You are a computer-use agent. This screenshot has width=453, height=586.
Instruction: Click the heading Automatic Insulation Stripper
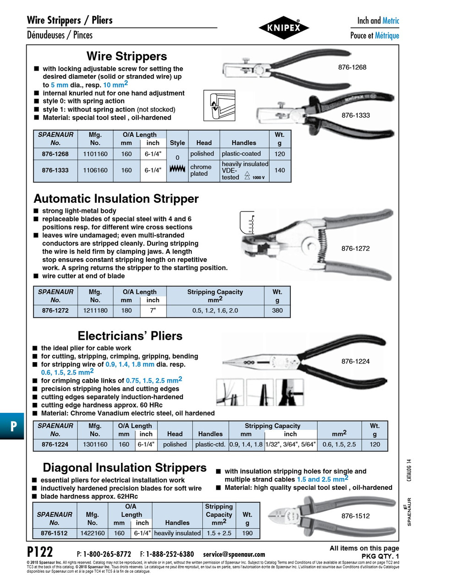(x=116, y=199)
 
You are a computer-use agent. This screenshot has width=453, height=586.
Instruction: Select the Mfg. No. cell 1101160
(x=95, y=154)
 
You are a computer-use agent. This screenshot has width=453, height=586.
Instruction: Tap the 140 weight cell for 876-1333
(x=279, y=170)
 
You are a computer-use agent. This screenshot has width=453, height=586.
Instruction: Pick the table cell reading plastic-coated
(x=241, y=154)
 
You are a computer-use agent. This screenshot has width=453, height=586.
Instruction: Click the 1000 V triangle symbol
(x=247, y=176)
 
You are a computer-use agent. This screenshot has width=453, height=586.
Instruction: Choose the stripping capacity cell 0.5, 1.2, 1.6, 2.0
(x=215, y=310)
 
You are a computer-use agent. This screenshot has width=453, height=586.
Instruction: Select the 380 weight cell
(x=277, y=310)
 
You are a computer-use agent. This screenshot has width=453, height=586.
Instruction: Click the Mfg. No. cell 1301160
(x=95, y=444)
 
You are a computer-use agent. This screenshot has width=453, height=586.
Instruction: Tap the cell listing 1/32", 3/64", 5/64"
(x=290, y=444)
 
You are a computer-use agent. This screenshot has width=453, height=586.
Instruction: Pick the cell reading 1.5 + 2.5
(x=219, y=533)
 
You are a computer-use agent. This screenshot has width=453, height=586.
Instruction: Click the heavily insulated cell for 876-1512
(x=177, y=533)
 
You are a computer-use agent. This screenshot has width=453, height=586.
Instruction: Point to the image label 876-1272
(x=355, y=249)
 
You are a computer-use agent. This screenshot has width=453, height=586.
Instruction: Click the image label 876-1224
(x=355, y=361)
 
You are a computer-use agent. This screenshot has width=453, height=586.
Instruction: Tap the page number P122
(x=40, y=551)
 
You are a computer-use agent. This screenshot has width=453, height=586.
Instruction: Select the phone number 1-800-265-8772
(x=107, y=554)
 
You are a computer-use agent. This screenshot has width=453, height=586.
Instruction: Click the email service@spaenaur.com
(x=234, y=554)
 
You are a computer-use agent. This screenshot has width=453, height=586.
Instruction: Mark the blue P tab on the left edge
(x=12, y=426)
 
